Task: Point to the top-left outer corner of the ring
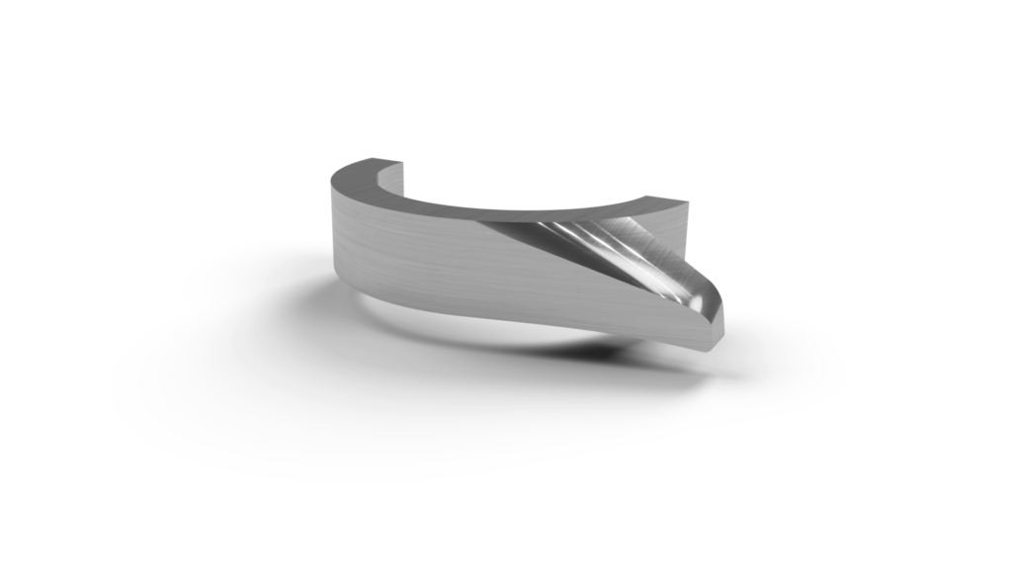coord(328,177)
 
